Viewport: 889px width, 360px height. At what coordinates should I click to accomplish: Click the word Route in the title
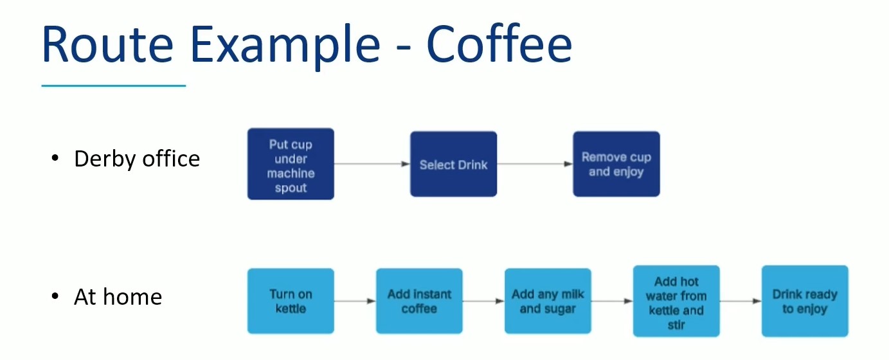[107, 44]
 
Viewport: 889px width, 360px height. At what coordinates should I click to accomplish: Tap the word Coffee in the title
[499, 43]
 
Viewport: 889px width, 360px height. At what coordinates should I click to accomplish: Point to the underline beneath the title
[114, 85]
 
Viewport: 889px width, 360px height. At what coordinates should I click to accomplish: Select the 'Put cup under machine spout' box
[291, 164]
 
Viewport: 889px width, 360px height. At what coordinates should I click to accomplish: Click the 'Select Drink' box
[453, 164]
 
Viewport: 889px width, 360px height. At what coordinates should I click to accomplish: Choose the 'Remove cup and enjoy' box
[616, 164]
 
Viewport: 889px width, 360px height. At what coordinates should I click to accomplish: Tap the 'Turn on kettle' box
[291, 301]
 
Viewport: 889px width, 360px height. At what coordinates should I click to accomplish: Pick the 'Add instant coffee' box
[419, 301]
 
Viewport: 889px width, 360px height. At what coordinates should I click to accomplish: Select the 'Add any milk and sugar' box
[548, 301]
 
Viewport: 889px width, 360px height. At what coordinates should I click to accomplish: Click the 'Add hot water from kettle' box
[676, 301]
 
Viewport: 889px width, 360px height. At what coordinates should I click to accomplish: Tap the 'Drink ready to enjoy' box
[805, 301]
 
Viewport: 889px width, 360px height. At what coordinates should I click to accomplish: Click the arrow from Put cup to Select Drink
[372, 164]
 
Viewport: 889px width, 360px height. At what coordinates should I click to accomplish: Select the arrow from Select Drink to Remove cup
[535, 164]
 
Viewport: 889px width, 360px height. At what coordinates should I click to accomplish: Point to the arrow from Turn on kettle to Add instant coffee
[355, 301]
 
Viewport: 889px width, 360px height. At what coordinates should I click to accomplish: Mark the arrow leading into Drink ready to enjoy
[741, 301]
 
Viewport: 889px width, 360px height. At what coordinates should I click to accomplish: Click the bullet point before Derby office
[55, 158]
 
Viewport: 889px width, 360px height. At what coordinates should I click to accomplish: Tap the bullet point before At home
[55, 296]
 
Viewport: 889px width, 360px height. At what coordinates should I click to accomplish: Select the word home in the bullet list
[132, 296]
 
